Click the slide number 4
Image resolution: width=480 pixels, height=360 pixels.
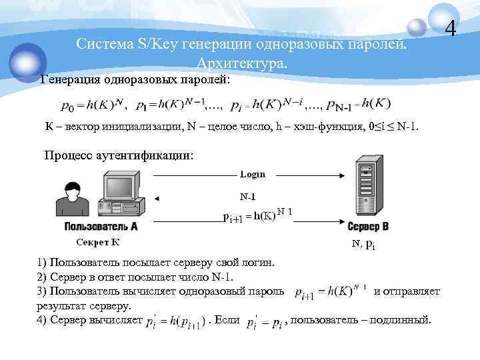pyautogui.click(x=451, y=29)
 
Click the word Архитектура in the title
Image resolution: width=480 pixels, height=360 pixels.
pyautogui.click(x=241, y=63)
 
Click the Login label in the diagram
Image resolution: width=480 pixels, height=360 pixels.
pyautogui.click(x=253, y=174)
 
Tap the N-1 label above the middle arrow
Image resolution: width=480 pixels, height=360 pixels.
pyautogui.click(x=247, y=197)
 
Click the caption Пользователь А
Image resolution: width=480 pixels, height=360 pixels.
pyautogui.click(x=101, y=227)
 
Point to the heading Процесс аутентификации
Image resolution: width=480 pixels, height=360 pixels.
pyautogui.click(x=119, y=155)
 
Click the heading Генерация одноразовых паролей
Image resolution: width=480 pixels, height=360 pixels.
pyautogui.click(x=135, y=81)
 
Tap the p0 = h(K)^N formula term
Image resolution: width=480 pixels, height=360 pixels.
pyautogui.click(x=92, y=105)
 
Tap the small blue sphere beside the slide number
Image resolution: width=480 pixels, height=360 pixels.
pyautogui.click(x=416, y=27)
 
